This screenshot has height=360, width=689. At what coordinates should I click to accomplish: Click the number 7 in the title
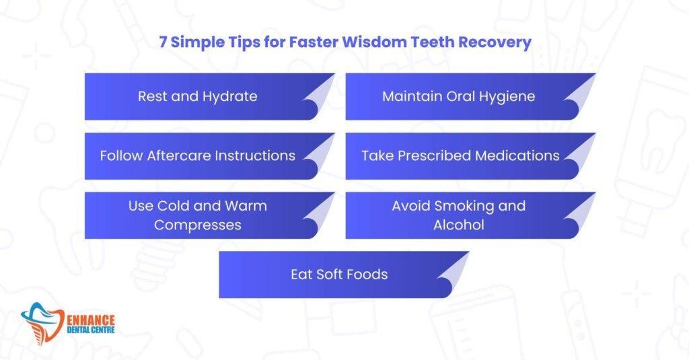tap(164, 42)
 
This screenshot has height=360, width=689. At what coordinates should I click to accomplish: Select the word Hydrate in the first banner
tap(229, 96)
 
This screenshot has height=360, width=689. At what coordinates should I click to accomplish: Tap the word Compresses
tap(197, 225)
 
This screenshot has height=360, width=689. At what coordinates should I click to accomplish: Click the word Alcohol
tap(458, 225)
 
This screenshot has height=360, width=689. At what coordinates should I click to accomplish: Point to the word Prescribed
tap(438, 155)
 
